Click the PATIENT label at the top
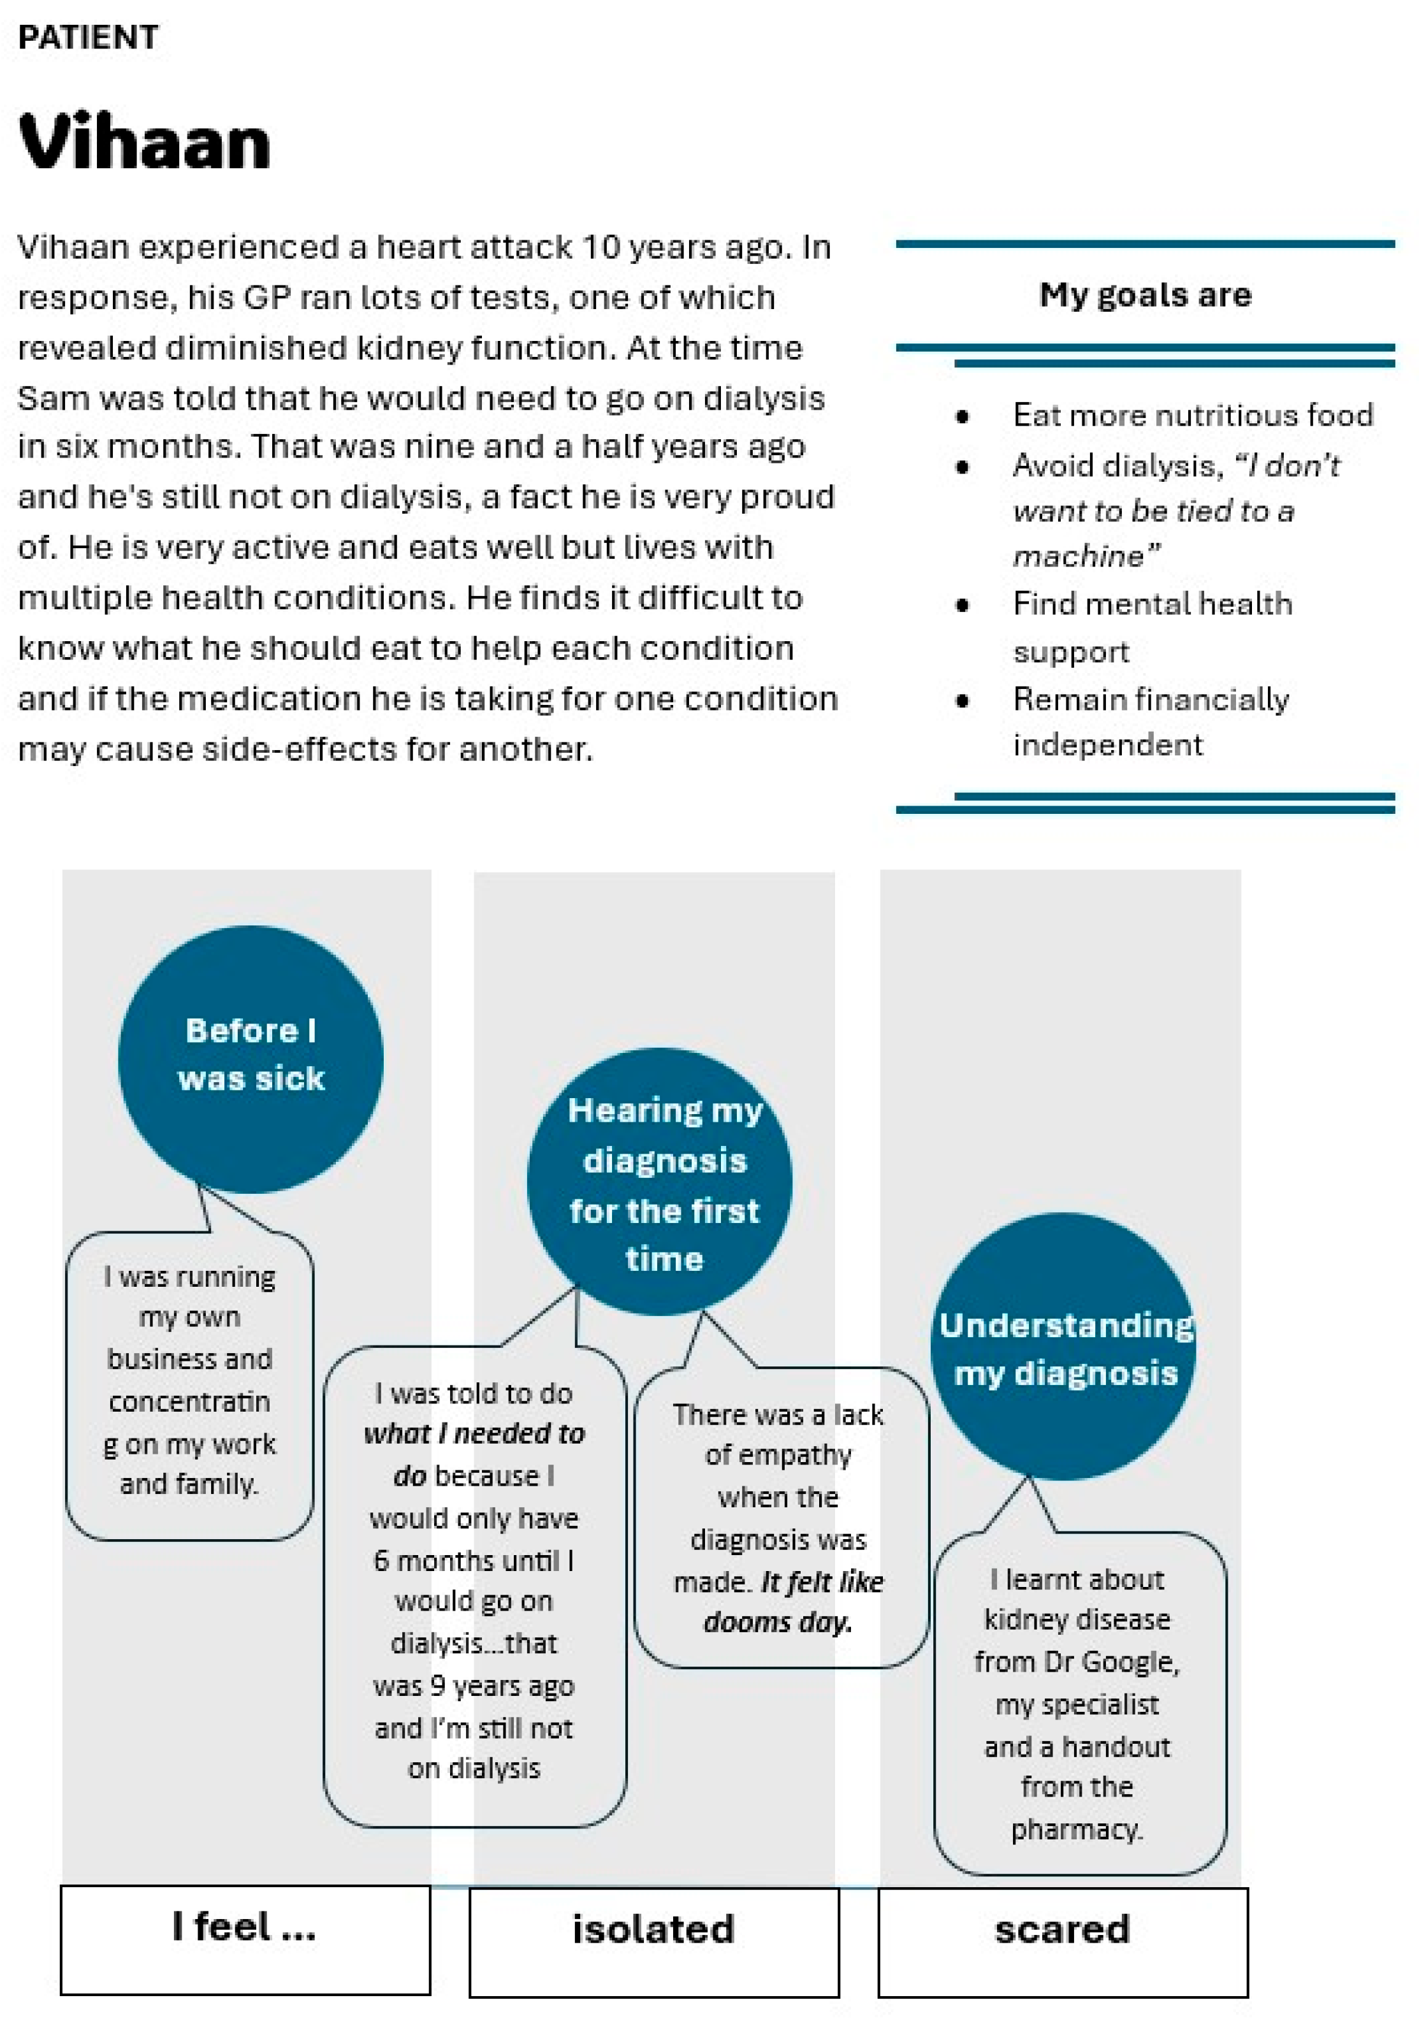[88, 38]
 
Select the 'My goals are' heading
[1144, 295]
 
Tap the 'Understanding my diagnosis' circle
[1063, 1346]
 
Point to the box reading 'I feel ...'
[245, 1940]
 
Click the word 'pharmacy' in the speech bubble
[1075, 1830]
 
